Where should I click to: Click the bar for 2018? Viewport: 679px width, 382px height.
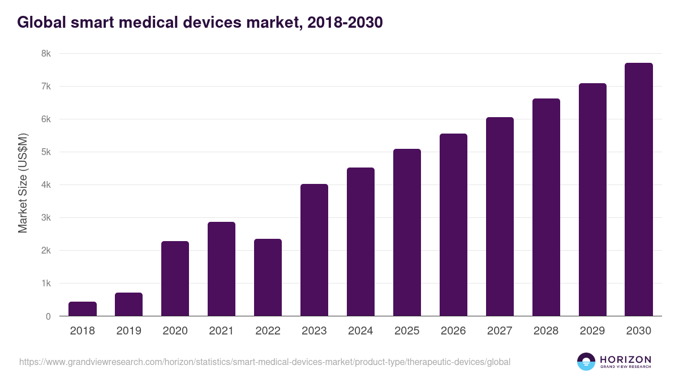tap(83, 309)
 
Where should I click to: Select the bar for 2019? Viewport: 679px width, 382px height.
tap(129, 304)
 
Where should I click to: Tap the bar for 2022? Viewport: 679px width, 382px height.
tap(268, 277)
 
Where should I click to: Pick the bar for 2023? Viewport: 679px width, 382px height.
tap(314, 250)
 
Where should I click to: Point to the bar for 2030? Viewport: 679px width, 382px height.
tap(639, 190)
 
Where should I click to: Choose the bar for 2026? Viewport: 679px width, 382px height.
tap(453, 225)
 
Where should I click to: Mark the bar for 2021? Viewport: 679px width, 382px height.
tap(221, 269)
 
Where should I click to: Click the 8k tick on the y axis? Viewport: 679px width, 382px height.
tap(46, 54)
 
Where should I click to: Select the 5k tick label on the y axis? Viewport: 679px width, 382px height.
tap(46, 152)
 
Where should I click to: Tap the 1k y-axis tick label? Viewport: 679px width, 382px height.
tap(46, 284)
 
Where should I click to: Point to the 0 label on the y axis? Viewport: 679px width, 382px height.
tap(49, 316)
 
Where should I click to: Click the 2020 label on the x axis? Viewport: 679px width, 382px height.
tap(175, 331)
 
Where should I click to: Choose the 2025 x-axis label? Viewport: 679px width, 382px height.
tap(407, 331)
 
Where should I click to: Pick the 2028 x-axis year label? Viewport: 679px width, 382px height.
tap(546, 331)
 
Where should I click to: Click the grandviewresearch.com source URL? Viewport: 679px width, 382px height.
tap(265, 362)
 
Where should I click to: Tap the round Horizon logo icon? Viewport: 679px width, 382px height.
tap(586, 362)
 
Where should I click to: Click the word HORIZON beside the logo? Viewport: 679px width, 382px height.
tap(626, 359)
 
